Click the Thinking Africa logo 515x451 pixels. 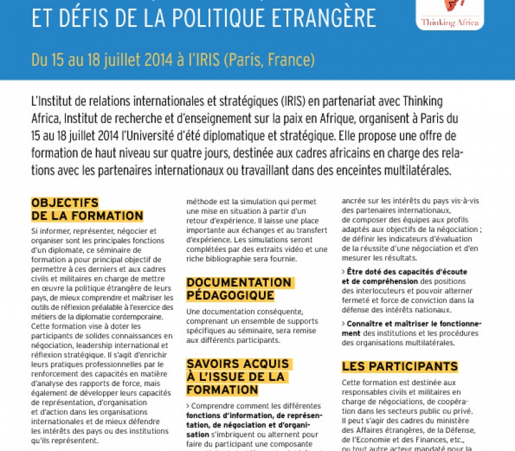point(451,13)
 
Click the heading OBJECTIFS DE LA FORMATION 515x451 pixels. point(87,209)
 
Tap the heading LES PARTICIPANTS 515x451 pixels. point(400,367)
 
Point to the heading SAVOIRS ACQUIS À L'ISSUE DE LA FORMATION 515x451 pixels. point(238,377)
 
